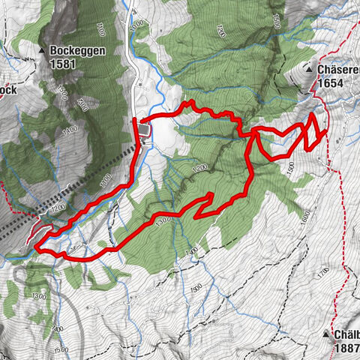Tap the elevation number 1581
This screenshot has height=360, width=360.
coord(64,64)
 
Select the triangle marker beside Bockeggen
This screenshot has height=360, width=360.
coord(43,51)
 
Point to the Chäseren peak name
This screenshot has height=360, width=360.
coord(338,69)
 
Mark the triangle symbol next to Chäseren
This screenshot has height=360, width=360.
coord(309,69)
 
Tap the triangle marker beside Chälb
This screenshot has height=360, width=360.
coord(327,333)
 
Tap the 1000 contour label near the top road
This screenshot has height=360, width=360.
coord(136,23)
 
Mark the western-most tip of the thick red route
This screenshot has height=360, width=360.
coord(34,244)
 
